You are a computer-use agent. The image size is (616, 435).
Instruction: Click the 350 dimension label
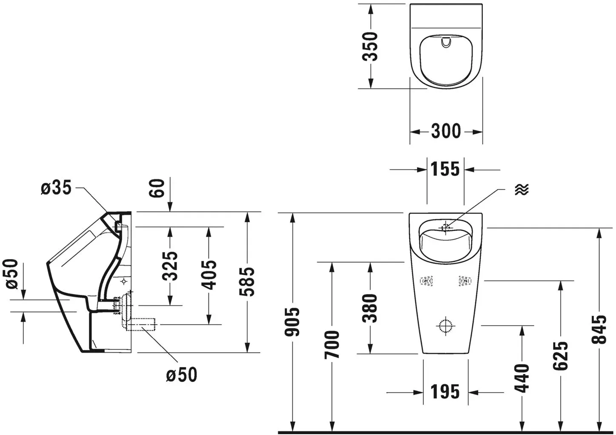370,46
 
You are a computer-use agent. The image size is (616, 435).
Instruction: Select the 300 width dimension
446,131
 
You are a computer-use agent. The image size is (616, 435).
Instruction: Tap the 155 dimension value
445,169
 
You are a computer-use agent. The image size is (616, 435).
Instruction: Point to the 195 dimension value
445,392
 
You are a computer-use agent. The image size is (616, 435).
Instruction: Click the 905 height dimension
292,322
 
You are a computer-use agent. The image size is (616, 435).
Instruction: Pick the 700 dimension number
332,345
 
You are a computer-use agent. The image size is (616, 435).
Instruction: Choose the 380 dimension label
370,308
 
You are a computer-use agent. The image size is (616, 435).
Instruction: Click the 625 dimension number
560,356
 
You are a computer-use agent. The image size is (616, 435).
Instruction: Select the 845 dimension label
599,329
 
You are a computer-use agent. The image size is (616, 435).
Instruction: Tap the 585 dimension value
247,282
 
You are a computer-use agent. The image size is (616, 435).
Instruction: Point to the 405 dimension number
209,275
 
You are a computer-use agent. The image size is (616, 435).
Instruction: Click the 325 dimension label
170,266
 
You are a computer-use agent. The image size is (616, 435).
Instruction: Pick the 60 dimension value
157,188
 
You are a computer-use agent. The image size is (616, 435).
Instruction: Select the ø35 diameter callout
56,188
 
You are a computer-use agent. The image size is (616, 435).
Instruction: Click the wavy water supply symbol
522,189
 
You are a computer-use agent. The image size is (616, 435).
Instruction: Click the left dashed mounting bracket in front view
427,281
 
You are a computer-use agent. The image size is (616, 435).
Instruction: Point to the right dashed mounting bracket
465,281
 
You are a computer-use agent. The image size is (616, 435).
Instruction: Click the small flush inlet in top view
446,42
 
